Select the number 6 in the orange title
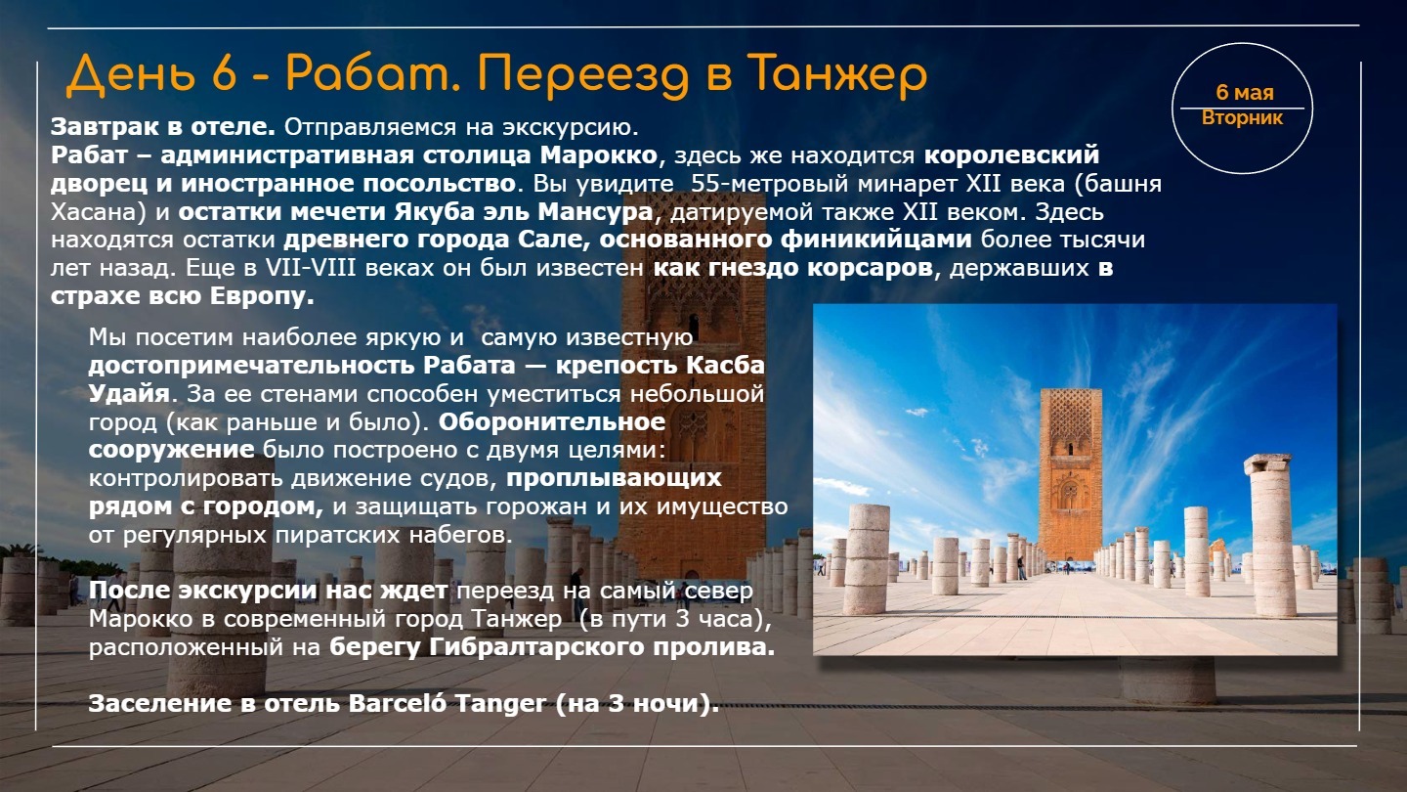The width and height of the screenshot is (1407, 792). click(x=225, y=73)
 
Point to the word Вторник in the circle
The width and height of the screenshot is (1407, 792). click(x=1242, y=118)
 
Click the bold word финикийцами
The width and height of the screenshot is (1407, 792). click(x=876, y=240)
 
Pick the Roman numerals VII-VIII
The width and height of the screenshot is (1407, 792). click(x=311, y=268)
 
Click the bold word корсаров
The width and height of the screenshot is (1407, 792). click(x=870, y=268)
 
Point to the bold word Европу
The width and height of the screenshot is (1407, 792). click(x=261, y=296)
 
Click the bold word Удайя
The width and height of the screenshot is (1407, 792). click(x=129, y=393)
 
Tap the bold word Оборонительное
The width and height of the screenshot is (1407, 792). click(x=551, y=421)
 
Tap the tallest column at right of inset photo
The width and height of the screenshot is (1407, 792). click(x=1269, y=534)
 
